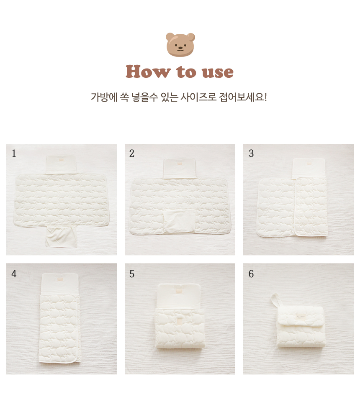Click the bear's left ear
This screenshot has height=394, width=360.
(x=170, y=36)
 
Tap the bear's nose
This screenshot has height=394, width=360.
(x=180, y=47)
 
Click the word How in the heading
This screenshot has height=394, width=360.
(x=148, y=72)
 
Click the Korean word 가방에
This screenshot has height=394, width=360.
(x=104, y=97)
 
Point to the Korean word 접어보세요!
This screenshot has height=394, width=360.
(x=243, y=97)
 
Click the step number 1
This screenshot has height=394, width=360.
(x=14, y=153)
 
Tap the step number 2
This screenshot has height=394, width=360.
(x=132, y=153)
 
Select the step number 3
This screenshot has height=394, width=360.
(x=251, y=153)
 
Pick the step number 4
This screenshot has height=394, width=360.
(x=14, y=274)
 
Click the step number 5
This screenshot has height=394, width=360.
(x=132, y=274)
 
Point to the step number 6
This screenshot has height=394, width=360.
(x=251, y=274)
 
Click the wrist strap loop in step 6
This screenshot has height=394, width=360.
(x=275, y=300)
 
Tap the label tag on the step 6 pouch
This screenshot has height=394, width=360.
(x=301, y=317)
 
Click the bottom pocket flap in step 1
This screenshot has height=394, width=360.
(x=61, y=236)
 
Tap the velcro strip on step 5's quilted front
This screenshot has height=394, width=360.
(x=180, y=322)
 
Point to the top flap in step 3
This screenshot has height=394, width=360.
(x=309, y=168)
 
